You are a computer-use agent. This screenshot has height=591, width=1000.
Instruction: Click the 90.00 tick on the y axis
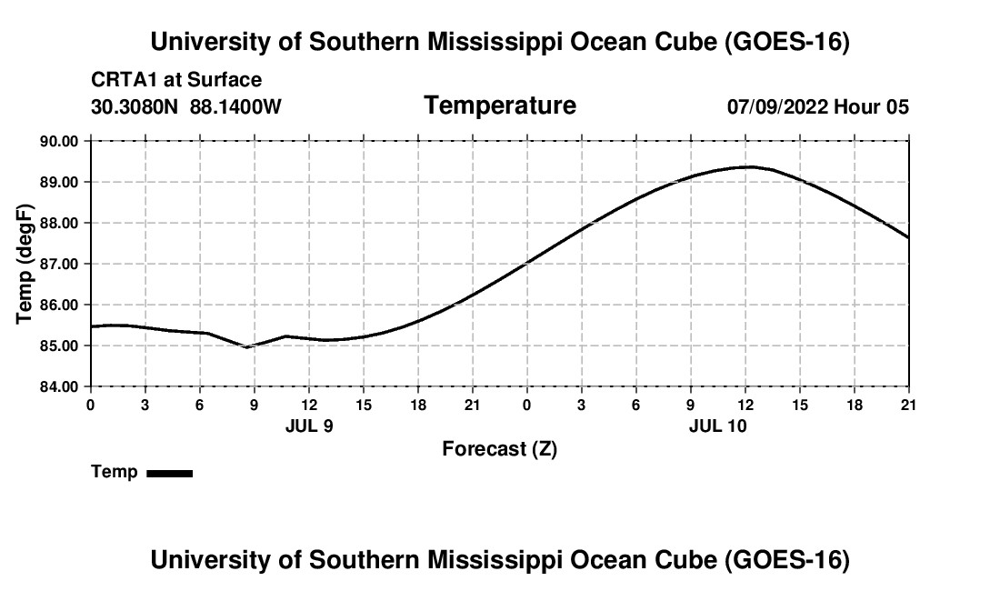59,141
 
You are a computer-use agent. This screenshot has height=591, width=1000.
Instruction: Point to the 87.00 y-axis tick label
59,264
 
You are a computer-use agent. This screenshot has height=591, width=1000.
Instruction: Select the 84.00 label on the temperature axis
59,387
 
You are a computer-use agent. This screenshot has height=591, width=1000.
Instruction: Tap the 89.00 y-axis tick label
59,183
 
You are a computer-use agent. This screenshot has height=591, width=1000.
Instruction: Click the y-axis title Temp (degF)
25,264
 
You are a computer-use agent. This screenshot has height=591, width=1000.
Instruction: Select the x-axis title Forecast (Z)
500,449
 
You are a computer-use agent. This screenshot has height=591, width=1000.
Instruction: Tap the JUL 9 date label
309,426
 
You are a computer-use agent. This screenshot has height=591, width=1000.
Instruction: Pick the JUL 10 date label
718,426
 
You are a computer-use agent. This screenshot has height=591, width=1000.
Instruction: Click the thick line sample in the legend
170,473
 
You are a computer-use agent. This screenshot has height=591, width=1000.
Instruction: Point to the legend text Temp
115,472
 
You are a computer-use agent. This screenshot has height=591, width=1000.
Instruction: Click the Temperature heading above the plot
500,105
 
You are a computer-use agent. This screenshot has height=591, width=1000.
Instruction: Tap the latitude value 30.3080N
135,107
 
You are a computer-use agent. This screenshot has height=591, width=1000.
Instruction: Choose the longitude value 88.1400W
235,107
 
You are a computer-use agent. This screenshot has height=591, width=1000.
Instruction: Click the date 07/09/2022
777,107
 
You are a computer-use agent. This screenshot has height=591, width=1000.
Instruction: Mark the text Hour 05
872,107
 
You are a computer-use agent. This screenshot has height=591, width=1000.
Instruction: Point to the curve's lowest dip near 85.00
247,346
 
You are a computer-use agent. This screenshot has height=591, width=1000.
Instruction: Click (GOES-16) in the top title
787,42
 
